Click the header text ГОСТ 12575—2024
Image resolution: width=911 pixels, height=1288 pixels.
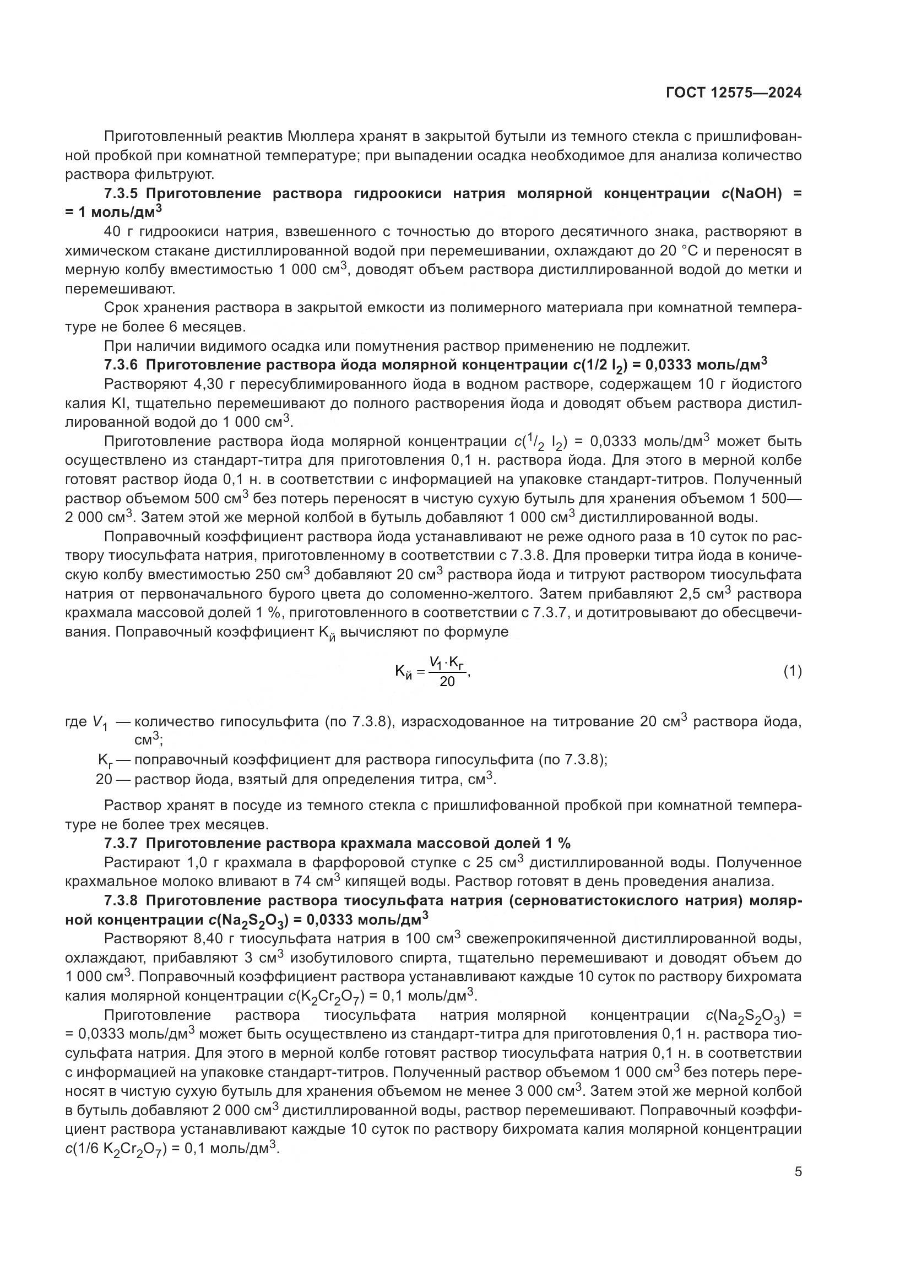(734, 93)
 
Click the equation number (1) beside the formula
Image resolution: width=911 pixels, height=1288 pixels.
(792, 671)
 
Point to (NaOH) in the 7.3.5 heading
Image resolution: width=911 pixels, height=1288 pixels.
(755, 194)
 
